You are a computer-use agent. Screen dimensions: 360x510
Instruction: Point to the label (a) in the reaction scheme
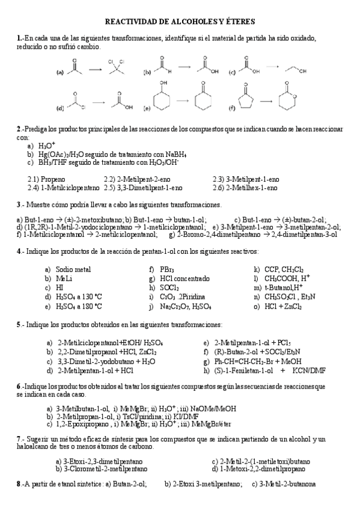point(60,72)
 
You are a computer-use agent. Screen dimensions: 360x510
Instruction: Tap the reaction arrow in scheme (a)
point(94,70)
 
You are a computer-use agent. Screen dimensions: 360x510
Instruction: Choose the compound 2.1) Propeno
point(47,179)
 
